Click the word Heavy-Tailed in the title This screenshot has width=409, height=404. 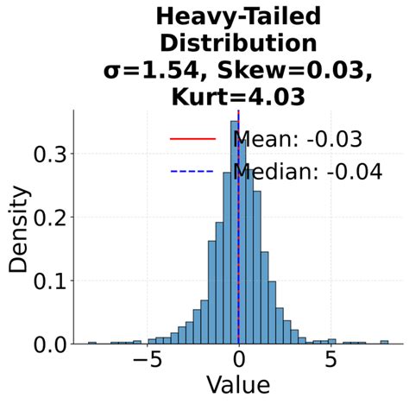[237, 16]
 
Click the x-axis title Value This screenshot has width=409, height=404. [237, 384]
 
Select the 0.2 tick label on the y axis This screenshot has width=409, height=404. [47, 218]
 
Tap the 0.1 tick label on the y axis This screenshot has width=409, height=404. [47, 281]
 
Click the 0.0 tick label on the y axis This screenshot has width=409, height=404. [47, 344]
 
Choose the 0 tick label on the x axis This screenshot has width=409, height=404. [239, 360]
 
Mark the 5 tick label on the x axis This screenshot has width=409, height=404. [330, 360]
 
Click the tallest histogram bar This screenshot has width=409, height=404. [234, 233]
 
